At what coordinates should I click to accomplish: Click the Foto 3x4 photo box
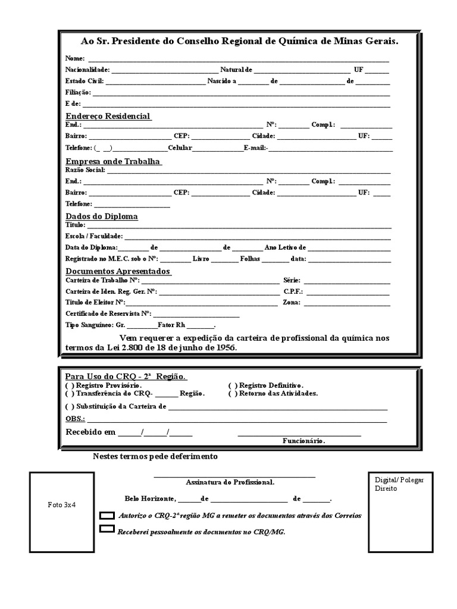tap(62, 504)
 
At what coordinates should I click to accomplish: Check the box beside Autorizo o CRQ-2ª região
tap(107, 515)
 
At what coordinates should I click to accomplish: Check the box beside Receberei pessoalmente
tap(107, 529)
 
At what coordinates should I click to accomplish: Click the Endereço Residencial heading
tap(108, 116)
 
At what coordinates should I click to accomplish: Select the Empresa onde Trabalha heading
tap(112, 162)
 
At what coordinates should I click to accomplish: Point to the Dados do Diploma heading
tap(101, 216)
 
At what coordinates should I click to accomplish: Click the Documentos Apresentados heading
tap(118, 271)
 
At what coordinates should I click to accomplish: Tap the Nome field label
tap(75, 59)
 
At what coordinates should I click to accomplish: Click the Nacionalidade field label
tap(87, 70)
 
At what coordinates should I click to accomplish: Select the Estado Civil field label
tap(84, 81)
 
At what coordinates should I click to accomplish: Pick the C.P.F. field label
tap(293, 291)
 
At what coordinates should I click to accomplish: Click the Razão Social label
tap(84, 170)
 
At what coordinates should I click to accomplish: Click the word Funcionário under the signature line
tap(303, 441)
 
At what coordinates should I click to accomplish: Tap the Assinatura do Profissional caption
tap(230, 482)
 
